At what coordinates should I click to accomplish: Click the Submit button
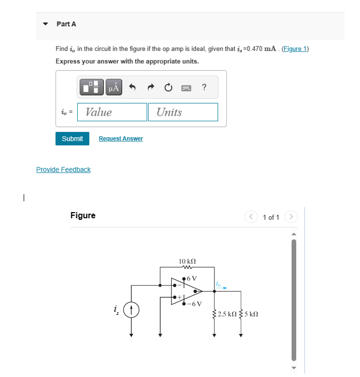[72, 139]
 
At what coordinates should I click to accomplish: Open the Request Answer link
[120, 139]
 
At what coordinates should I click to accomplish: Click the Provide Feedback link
[63, 169]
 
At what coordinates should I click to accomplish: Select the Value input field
[112, 112]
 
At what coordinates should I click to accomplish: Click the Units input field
[183, 112]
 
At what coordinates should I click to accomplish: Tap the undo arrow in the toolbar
[132, 88]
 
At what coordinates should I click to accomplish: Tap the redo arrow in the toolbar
[151, 88]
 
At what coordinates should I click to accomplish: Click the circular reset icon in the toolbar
[168, 88]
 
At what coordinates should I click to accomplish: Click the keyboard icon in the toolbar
[186, 88]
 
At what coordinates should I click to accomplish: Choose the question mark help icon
[204, 87]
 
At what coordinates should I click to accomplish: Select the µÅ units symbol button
[114, 88]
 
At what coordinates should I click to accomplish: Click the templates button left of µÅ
[92, 88]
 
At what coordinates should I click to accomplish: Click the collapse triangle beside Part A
[45, 24]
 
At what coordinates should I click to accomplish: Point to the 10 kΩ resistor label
[187, 261]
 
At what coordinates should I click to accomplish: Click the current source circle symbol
[132, 310]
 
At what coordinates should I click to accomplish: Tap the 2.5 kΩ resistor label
[226, 314]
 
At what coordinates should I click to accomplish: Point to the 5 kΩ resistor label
[251, 314]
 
